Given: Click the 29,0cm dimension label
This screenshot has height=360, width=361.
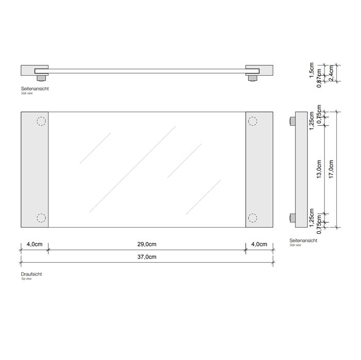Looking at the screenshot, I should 147,245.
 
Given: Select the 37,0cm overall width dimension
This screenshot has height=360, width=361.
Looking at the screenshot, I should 147,257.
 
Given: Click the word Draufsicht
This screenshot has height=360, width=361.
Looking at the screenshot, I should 31,275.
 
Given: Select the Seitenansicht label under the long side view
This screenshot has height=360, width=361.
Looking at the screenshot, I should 35,89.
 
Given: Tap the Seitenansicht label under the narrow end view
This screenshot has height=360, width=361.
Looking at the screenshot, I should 304,241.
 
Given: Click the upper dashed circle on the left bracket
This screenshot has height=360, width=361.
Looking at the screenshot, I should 41,122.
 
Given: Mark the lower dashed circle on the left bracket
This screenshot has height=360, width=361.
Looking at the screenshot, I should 41,217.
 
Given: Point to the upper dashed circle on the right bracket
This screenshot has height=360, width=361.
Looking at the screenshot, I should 253,122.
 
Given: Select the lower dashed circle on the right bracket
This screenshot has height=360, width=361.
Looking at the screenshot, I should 253,217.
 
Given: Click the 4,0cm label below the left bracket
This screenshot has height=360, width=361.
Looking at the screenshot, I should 34,245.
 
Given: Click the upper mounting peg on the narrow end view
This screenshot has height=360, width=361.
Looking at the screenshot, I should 292,122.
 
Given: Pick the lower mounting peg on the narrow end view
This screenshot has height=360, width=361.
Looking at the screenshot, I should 292,217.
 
